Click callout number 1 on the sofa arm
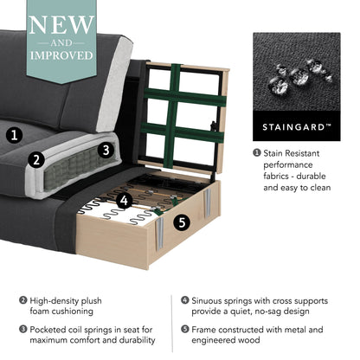(14, 134)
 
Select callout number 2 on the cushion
(35, 159)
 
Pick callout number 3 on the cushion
(104, 149)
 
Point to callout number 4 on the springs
(124, 200)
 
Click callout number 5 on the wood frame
(181, 222)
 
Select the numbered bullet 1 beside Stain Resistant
(257, 153)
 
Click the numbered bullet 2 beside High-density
(22, 301)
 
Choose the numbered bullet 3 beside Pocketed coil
(22, 330)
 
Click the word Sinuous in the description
(212, 301)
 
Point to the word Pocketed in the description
(52, 330)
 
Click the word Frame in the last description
(208, 330)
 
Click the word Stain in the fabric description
(278, 153)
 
